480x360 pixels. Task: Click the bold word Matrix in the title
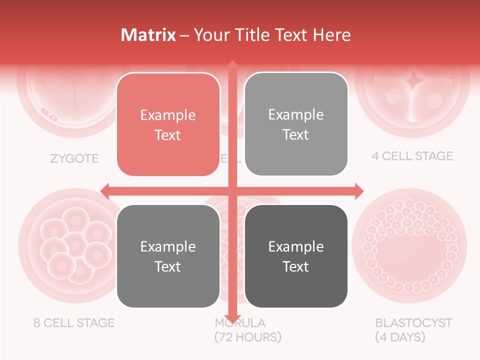[148, 35]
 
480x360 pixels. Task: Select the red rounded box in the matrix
[168, 124]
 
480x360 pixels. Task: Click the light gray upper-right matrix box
[296, 124]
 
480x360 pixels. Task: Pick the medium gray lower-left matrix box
[168, 256]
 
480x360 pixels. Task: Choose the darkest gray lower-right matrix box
[296, 256]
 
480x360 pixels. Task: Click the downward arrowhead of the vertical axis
[232, 318]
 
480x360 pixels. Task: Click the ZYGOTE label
[74, 159]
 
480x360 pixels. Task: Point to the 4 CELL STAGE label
[412, 156]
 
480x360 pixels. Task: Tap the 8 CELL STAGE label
[74, 322]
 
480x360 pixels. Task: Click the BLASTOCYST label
[413, 322]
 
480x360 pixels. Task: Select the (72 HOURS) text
[248, 336]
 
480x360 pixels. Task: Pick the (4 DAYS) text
[400, 337]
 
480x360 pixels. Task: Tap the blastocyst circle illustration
[410, 245]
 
